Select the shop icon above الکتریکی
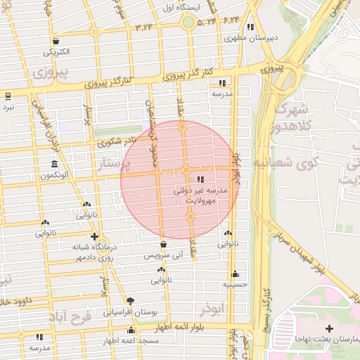(x=56, y=41)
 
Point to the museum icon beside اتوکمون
(x=54, y=165)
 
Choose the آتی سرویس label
(x=163, y=256)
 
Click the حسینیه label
(x=235, y=285)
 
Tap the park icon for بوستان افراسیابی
(x=130, y=300)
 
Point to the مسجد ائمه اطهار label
(x=131, y=341)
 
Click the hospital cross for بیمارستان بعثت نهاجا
(x=329, y=328)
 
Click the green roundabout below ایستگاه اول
(x=188, y=22)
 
